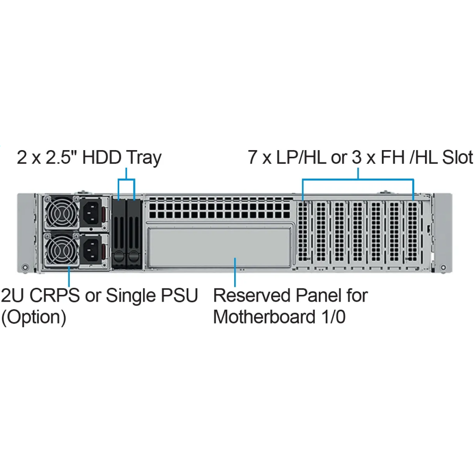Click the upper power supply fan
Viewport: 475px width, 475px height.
pos(62,212)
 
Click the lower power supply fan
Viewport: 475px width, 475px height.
pos(62,249)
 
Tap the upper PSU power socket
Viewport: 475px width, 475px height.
pos(91,212)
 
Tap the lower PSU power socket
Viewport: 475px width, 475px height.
pos(91,249)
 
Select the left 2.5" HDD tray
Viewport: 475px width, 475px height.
pos(119,234)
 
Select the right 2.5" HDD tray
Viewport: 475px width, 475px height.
pos(134,234)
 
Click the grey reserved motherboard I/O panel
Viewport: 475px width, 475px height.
pos(219,247)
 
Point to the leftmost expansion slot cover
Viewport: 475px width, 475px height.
pos(303,232)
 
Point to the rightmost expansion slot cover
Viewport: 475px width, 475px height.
pos(413,232)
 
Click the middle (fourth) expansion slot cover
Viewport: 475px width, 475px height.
pos(358,232)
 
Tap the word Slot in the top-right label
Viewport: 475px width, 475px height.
pos(457,157)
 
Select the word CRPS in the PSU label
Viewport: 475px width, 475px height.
pos(55,295)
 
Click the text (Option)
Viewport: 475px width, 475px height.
pos(34,317)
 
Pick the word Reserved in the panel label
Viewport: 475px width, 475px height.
pos(252,295)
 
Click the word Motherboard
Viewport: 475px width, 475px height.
pos(265,317)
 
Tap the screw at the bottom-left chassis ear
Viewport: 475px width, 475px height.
pos(26,267)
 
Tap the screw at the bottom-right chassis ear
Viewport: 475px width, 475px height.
pos(443,267)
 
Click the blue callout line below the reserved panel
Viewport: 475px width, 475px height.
pos(235,272)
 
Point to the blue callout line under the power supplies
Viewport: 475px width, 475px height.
pos(69,276)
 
